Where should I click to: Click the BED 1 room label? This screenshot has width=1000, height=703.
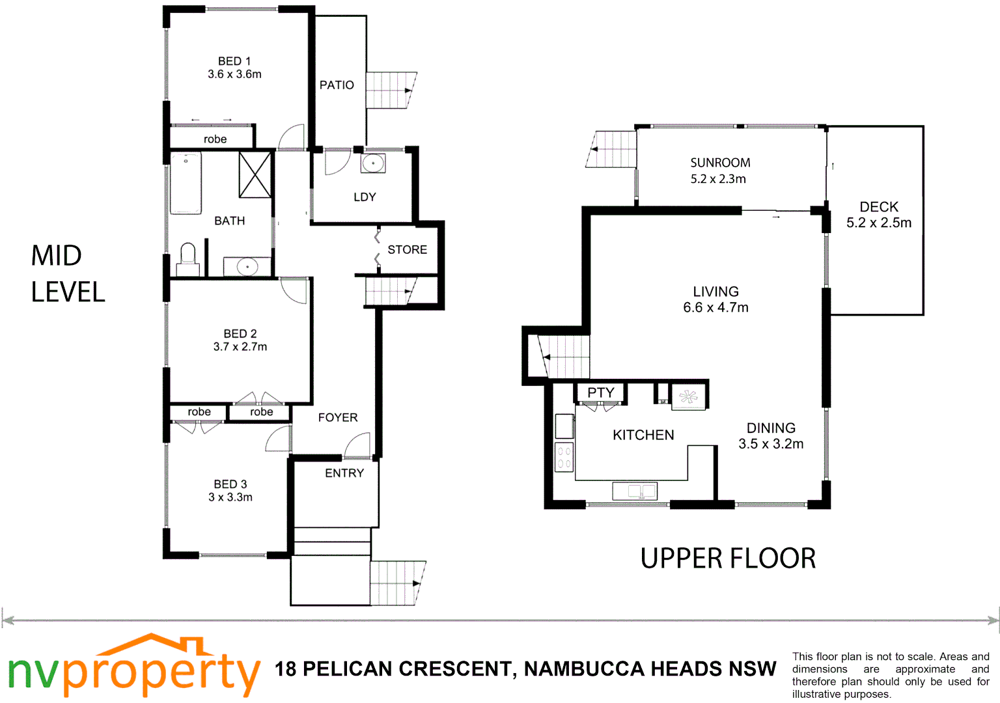(x=234, y=61)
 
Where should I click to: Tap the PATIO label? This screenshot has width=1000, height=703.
(x=337, y=85)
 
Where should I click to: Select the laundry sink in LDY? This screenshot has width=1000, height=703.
(x=373, y=163)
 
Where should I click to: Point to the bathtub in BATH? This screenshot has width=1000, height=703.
(x=186, y=183)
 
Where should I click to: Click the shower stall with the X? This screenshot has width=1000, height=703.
(x=255, y=174)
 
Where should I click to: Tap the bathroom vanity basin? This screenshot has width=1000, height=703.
(x=247, y=267)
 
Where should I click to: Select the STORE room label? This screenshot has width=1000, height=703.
(x=407, y=250)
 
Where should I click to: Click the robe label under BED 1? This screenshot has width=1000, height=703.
(x=215, y=139)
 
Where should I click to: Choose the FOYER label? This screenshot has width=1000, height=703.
(x=337, y=418)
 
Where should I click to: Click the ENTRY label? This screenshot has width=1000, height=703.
(x=344, y=473)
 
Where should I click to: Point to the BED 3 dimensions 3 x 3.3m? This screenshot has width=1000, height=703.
(x=230, y=497)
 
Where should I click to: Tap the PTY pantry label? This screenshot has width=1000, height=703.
(x=600, y=393)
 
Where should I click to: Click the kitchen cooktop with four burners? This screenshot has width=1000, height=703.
(x=564, y=456)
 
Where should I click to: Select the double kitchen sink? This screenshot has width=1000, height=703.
(x=635, y=491)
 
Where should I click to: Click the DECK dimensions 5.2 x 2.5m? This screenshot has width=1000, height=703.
(x=878, y=223)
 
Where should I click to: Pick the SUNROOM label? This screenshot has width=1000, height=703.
(x=720, y=163)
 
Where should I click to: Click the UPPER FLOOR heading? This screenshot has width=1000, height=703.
(x=728, y=558)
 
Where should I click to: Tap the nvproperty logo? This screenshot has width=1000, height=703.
(x=133, y=667)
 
